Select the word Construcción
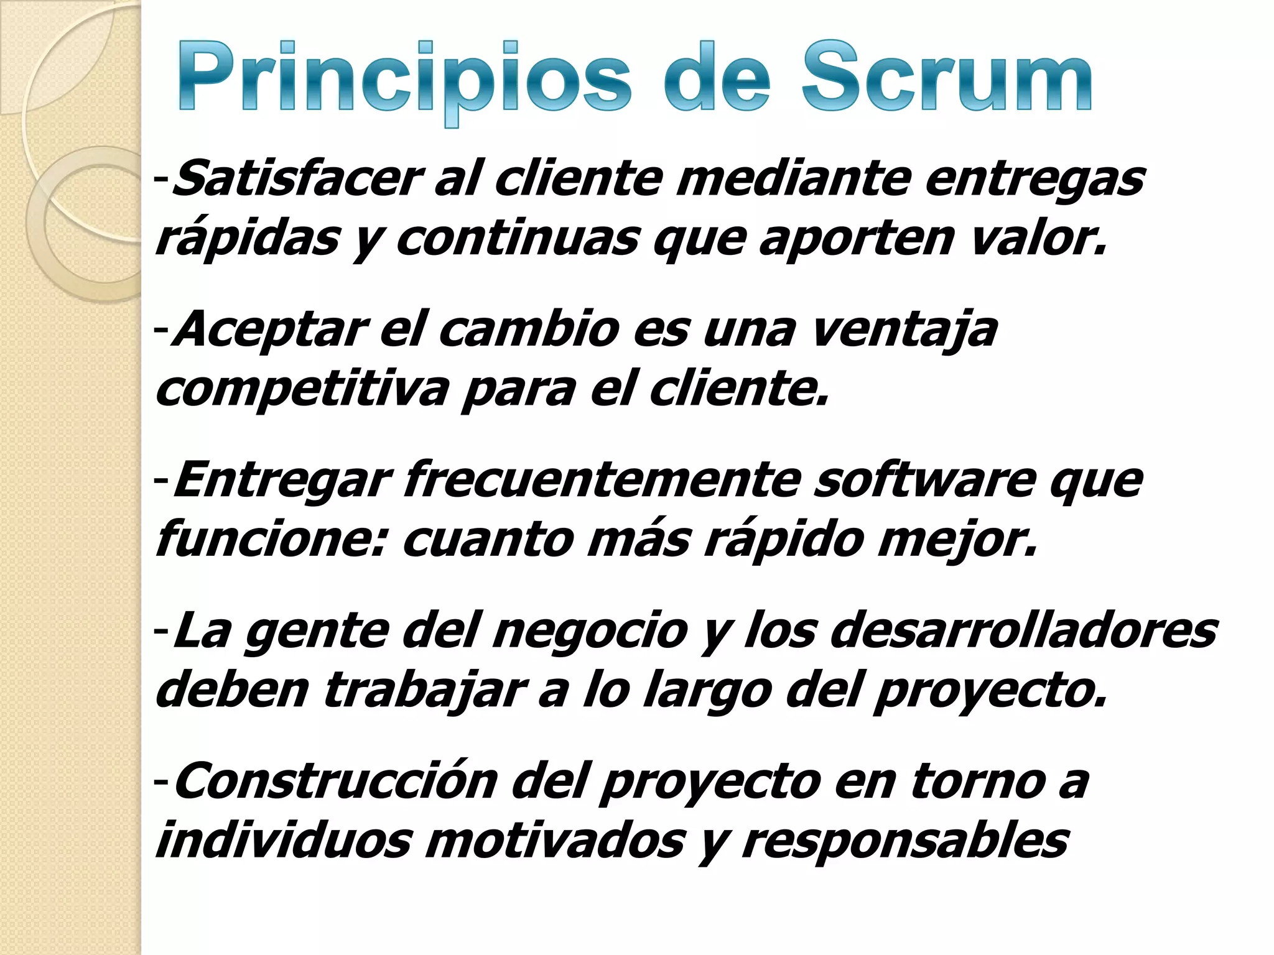[335, 781]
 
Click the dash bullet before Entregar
[161, 480]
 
